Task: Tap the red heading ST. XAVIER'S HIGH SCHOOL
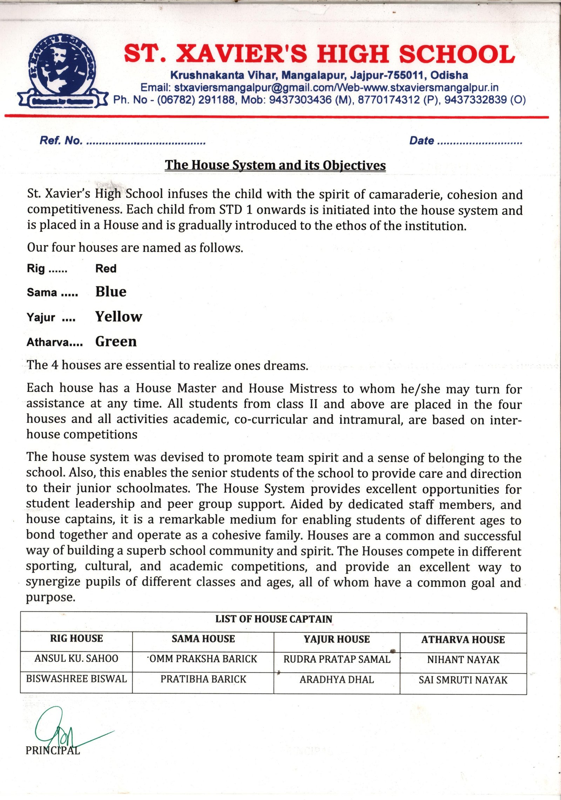[319, 54]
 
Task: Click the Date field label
[421, 141]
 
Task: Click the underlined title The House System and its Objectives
[275, 165]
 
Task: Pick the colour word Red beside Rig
[106, 269]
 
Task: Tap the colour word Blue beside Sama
[111, 292]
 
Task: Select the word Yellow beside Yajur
[119, 317]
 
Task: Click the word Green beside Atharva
[116, 341]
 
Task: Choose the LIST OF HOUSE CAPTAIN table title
[273, 619]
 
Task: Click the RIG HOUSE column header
[76, 638]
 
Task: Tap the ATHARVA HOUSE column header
[463, 640]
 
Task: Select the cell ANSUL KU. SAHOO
[76, 658]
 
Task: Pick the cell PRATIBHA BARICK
[203, 679]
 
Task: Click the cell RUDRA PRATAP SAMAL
[337, 659]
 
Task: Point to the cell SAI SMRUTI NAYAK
[463, 680]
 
